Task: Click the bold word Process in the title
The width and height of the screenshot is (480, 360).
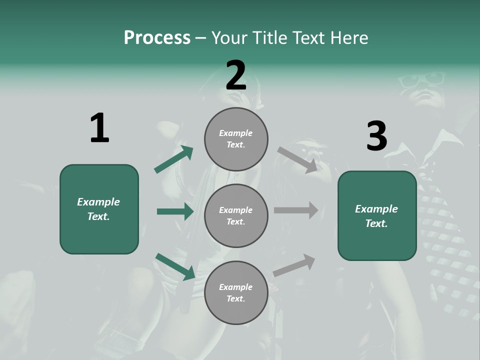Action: pyautogui.click(x=157, y=38)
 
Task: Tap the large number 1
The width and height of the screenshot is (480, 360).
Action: pyautogui.click(x=99, y=128)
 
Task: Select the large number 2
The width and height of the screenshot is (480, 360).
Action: pyautogui.click(x=236, y=75)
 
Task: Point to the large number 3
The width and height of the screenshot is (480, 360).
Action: pyautogui.click(x=376, y=136)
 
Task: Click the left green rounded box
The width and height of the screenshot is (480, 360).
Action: pyautogui.click(x=99, y=209)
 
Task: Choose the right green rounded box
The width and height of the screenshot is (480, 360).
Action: pyautogui.click(x=377, y=215)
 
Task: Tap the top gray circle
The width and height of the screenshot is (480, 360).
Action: pyautogui.click(x=236, y=139)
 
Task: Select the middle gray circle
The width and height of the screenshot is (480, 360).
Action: pyautogui.click(x=236, y=215)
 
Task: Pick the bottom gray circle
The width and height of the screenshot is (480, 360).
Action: pyautogui.click(x=236, y=292)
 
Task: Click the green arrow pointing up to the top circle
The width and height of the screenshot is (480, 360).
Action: pyautogui.click(x=174, y=159)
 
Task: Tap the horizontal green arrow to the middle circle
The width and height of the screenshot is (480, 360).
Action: pyautogui.click(x=175, y=211)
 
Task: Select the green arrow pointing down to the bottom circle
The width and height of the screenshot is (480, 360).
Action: pyautogui.click(x=175, y=266)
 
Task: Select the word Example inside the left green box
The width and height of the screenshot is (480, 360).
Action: pyautogui.click(x=98, y=202)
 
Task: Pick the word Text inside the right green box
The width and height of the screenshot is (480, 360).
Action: pyautogui.click(x=376, y=223)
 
